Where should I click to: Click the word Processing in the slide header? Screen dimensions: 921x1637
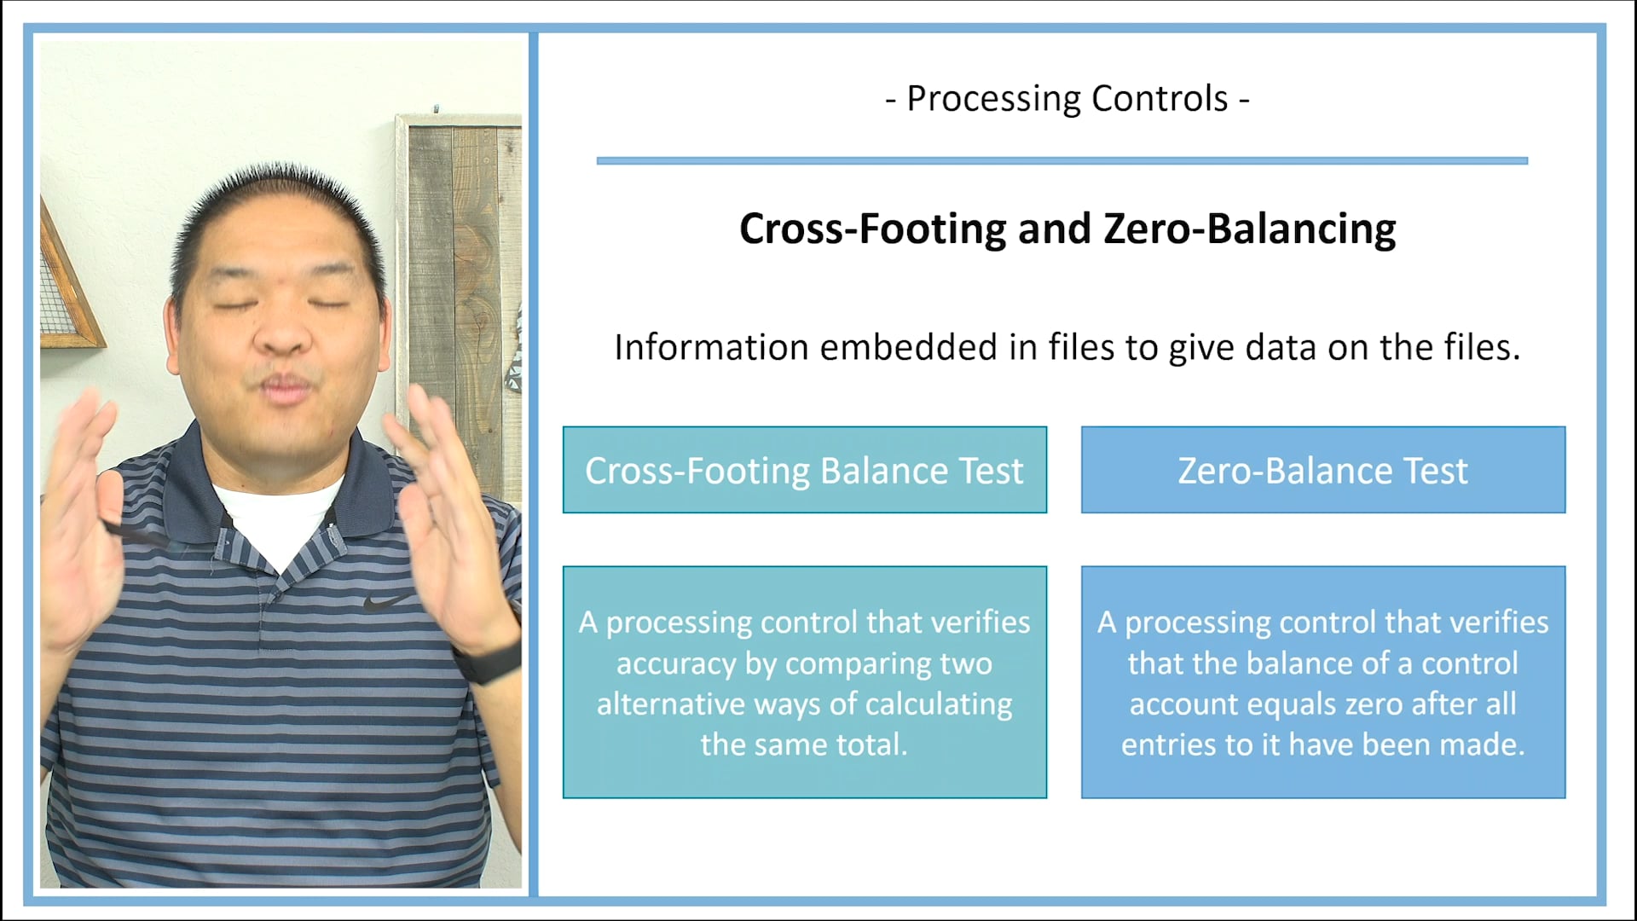tap(993, 100)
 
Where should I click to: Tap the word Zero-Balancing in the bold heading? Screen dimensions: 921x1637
tap(1250, 229)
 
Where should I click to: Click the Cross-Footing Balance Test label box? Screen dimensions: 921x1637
tap(804, 470)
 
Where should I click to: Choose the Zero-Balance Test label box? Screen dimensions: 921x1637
tap(1322, 470)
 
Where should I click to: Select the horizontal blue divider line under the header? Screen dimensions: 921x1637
tap(1061, 160)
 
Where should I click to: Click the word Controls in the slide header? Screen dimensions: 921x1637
tap(1160, 100)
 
